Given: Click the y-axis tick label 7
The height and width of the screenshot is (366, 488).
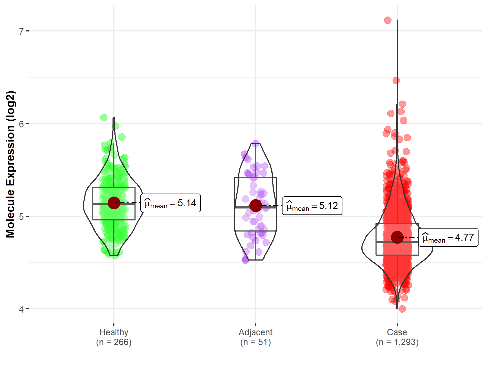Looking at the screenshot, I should [x=21, y=31].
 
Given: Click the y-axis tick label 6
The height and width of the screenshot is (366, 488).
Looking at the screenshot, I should [x=21, y=124].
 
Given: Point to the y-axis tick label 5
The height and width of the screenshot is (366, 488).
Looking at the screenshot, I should [x=21, y=217].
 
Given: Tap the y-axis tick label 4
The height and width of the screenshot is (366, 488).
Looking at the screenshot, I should [x=21, y=309].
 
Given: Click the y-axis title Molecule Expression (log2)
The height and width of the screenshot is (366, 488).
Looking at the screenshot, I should [x=10, y=164].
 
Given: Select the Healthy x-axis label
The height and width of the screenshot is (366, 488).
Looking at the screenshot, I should [x=114, y=332].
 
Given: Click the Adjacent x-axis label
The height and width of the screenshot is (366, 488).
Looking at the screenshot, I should [x=255, y=332].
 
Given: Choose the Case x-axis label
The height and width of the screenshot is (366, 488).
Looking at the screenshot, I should [x=397, y=332].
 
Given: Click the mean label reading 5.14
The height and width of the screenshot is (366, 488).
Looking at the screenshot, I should [x=171, y=203].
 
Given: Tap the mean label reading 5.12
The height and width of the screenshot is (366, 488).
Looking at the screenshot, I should [x=312, y=206].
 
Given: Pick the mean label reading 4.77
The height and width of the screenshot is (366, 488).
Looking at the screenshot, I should [x=448, y=237].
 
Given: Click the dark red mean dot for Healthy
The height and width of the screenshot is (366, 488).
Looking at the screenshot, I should [x=114, y=203].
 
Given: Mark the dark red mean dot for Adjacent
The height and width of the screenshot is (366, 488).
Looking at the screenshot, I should [x=256, y=206].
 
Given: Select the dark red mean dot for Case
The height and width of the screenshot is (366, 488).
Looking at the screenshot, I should [x=397, y=237].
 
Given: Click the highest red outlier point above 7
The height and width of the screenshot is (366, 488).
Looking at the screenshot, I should [x=388, y=20].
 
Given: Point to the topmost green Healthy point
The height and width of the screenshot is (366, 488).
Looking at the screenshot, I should [x=104, y=117].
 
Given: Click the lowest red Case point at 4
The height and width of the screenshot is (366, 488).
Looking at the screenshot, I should [x=402, y=309].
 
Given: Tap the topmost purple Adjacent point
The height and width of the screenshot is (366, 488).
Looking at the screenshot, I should [x=256, y=143].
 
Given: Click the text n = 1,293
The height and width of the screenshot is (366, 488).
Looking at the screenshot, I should [x=397, y=342].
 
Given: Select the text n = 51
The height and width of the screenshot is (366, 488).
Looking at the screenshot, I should [x=255, y=342].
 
